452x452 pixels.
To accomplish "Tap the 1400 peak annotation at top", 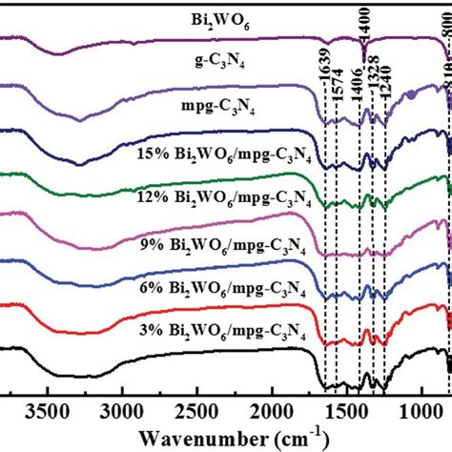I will click(x=363, y=21).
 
